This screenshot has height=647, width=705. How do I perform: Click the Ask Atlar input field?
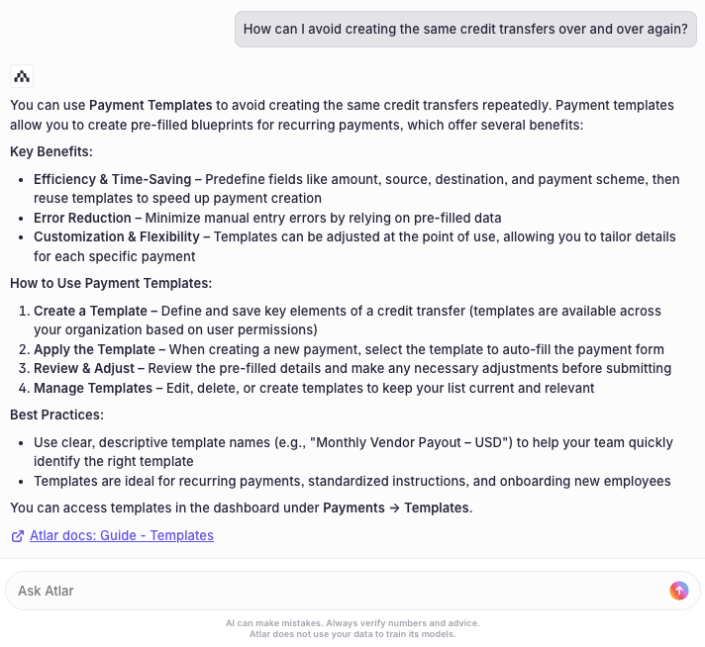pyautogui.click(x=337, y=591)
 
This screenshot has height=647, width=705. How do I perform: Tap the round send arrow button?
pyautogui.click(x=678, y=591)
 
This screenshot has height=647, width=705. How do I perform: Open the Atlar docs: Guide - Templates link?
pyautogui.click(x=121, y=535)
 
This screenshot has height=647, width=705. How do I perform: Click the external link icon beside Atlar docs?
pyautogui.click(x=18, y=536)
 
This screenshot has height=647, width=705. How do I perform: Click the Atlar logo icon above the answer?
pyautogui.click(x=22, y=76)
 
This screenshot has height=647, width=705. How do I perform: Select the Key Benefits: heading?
pyautogui.click(x=51, y=151)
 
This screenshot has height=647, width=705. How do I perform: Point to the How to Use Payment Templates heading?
pyautogui.click(x=111, y=283)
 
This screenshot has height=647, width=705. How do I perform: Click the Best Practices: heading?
pyautogui.click(x=56, y=415)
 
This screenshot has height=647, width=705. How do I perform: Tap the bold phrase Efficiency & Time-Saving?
pyautogui.click(x=117, y=179)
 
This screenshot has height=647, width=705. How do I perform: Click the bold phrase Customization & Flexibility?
pyautogui.click(x=122, y=236)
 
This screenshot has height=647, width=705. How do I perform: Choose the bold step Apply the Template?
pyautogui.click(x=99, y=349)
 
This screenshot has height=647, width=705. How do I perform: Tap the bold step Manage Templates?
pyautogui.click(x=98, y=388)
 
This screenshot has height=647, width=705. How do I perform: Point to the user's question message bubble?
pyautogui.click(x=465, y=29)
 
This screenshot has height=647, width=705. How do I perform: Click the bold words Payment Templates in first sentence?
pyautogui.click(x=151, y=105)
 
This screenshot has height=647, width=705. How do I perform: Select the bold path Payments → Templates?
pyautogui.click(x=396, y=508)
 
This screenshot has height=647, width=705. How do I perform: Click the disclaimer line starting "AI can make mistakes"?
pyautogui.click(x=352, y=623)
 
